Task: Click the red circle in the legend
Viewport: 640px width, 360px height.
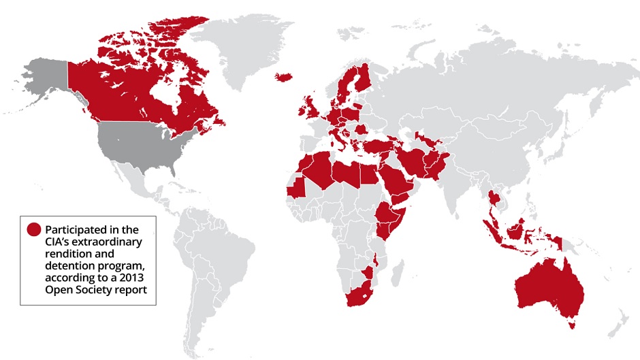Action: [x=33, y=229]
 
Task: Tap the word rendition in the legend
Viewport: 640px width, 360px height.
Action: [x=67, y=254]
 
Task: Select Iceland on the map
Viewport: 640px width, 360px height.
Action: [x=284, y=76]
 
